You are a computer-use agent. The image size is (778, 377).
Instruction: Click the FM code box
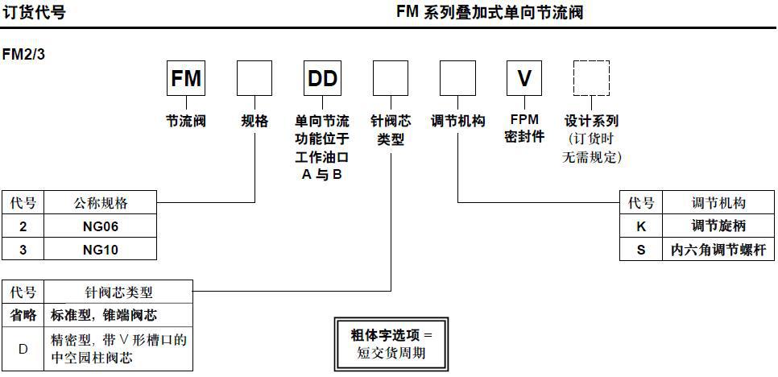186,79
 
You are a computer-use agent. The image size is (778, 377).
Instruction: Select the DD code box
321,79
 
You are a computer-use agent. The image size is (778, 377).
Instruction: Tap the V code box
524,79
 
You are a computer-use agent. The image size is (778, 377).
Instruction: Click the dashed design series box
592,79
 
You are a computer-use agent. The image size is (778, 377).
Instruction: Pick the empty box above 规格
254,79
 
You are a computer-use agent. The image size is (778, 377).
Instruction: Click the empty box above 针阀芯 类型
390,79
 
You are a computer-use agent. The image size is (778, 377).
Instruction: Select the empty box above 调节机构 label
457,79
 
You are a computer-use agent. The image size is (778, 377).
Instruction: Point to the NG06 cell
101,226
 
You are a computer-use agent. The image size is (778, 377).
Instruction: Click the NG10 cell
101,250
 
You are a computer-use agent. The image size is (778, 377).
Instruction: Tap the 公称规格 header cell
101,202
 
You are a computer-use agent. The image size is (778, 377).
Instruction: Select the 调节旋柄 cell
719,226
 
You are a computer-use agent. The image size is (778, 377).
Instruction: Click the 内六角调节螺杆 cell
719,250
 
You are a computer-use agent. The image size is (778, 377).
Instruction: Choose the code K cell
641,226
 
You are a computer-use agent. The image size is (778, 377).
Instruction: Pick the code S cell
641,250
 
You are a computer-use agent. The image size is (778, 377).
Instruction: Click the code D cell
23,348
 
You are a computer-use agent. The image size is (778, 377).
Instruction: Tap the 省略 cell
23,314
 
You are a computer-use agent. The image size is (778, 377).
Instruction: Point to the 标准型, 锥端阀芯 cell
118,314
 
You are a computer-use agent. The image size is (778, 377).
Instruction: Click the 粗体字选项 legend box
391,344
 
